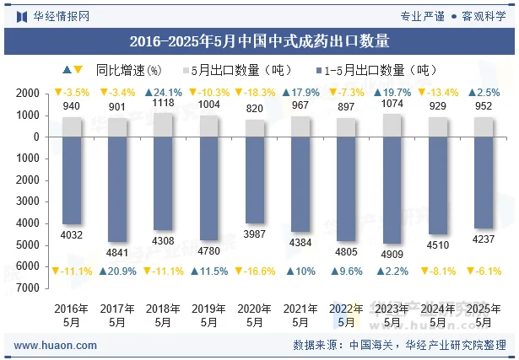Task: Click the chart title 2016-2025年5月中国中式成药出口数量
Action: click(259, 40)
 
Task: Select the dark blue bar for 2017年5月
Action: click(117, 189)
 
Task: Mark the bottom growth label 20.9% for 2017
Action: click(117, 271)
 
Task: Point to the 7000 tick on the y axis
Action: click(29, 287)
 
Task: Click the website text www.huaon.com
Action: click(56, 346)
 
